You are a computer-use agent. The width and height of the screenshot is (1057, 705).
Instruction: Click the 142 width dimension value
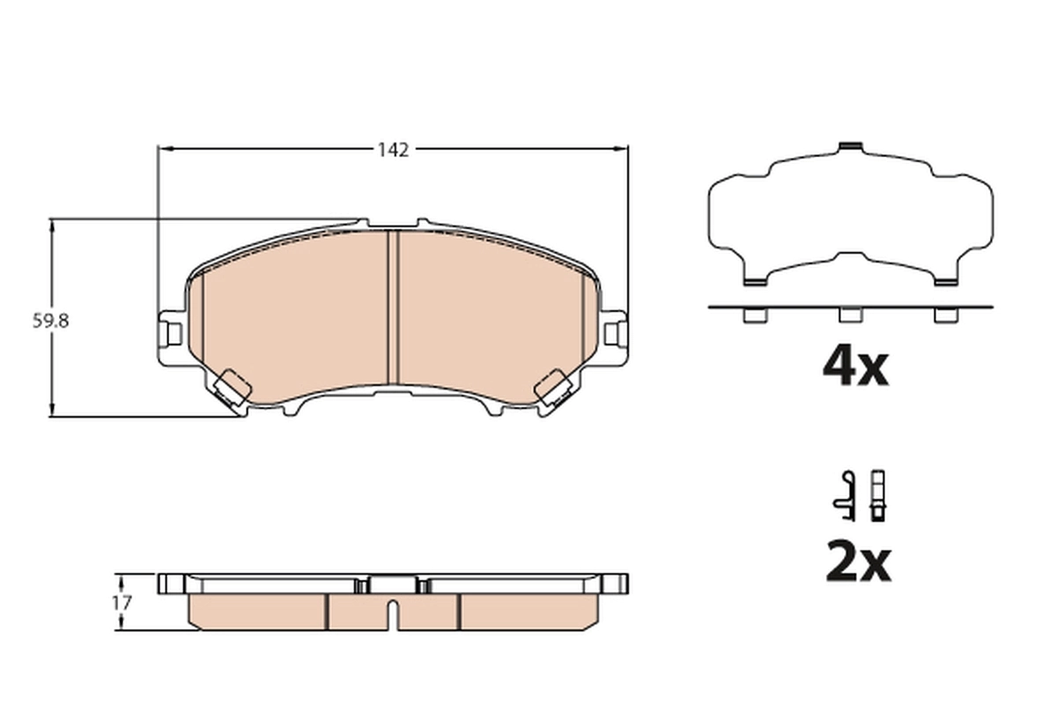tap(393, 150)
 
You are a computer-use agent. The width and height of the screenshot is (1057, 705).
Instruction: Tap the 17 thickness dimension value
tap(122, 603)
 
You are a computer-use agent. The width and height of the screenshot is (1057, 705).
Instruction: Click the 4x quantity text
tap(855, 367)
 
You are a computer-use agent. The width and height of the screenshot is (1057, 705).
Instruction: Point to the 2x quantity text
tap(858, 563)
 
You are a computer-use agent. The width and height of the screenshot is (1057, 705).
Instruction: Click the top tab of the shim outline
tap(850, 146)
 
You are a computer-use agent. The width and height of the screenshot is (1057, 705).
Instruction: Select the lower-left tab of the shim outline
tap(754, 281)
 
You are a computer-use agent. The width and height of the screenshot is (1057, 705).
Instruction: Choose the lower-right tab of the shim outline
tap(945, 281)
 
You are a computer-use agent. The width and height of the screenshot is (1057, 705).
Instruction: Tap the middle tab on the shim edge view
tap(850, 315)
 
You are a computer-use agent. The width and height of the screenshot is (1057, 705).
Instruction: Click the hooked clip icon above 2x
tap(845, 493)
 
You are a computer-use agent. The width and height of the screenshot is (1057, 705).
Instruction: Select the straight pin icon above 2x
tap(877, 493)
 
